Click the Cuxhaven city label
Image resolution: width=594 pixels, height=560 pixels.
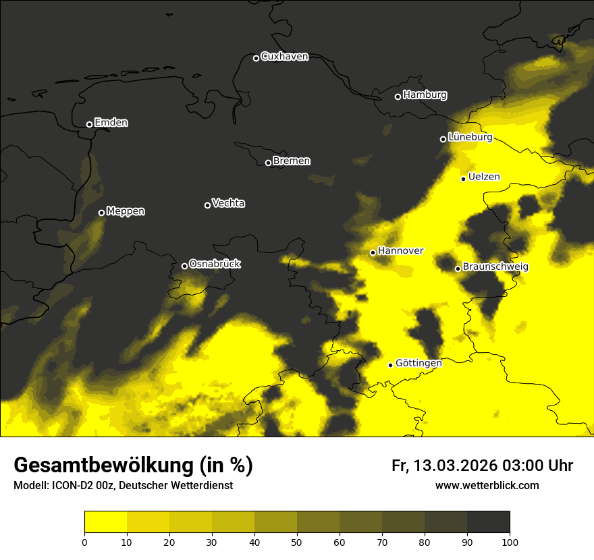coord(284,57)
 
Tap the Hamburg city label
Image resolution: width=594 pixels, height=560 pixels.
coord(425,95)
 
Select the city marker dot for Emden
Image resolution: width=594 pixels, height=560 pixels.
coord(89,124)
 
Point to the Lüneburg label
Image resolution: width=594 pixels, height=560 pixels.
coord(470,137)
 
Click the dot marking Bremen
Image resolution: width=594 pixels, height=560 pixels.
coord(268,163)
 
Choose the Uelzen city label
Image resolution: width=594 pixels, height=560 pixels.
coord(484,177)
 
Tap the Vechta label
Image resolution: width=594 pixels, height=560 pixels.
coord(228,203)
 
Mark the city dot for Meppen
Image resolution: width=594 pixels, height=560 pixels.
coord(101,213)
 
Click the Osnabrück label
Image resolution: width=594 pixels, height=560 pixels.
coord(215,264)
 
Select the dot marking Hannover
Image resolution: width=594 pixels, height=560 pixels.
coord(373,252)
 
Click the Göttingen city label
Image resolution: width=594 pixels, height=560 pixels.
coord(418,363)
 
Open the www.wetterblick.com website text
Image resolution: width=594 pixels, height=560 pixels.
coord(487,485)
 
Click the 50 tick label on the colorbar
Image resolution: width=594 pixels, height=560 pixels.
coord(297,541)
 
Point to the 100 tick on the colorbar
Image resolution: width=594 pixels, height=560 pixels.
coord(510,541)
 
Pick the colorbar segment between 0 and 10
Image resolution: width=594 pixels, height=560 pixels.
coord(105,522)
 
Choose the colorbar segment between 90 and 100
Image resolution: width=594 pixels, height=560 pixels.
coord(488,522)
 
